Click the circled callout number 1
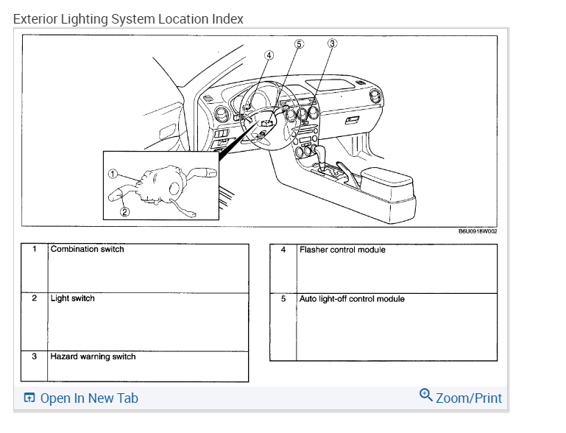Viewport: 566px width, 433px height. click(113, 174)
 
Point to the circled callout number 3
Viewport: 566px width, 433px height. click(332, 43)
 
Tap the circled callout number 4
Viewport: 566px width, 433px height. click(269, 54)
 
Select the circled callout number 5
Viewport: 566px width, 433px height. click(299, 43)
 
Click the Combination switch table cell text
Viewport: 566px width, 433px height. click(87, 250)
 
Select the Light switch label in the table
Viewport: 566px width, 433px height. click(72, 299)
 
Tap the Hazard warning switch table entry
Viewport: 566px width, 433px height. click(93, 357)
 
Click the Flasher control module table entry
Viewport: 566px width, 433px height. click(342, 250)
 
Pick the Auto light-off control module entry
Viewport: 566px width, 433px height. click(352, 300)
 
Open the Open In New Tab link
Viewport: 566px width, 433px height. click(88, 398)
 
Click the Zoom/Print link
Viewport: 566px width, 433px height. click(468, 398)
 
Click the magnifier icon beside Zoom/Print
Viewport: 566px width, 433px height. click(425, 395)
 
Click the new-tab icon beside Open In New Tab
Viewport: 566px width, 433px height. click(29, 398)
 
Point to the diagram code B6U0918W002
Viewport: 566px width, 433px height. click(478, 231)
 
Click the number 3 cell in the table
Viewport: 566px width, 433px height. click(34, 357)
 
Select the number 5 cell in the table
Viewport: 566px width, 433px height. click(283, 300)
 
